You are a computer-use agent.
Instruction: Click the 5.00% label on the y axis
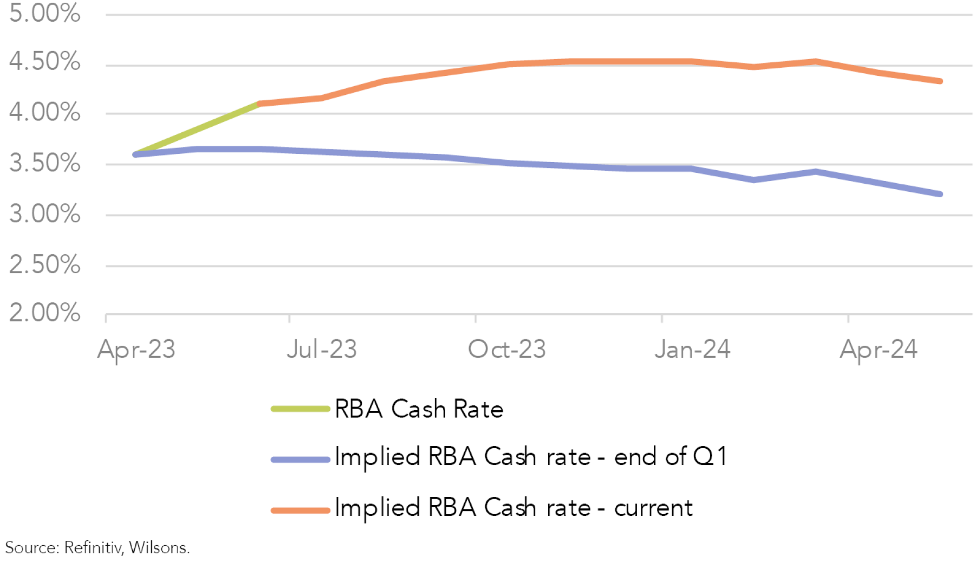click(44, 13)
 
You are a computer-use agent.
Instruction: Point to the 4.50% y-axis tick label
click(44, 62)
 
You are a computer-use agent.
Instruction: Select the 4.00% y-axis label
click(44, 113)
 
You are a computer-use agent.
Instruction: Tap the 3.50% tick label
click(44, 163)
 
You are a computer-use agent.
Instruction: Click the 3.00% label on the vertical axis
click(44, 214)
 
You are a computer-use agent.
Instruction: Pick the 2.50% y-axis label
click(44, 265)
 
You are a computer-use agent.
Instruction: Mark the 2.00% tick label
click(44, 313)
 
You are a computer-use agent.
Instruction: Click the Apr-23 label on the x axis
click(136, 350)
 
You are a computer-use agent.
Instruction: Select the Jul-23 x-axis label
click(322, 350)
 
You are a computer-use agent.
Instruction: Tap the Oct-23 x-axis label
click(507, 350)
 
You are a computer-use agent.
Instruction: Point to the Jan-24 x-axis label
click(692, 350)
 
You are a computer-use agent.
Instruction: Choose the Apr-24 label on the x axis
click(878, 350)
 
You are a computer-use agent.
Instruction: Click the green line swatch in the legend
click(301, 409)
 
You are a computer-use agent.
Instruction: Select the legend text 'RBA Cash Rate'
click(419, 409)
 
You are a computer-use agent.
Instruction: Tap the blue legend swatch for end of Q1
click(301, 460)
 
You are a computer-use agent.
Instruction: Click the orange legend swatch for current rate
click(301, 510)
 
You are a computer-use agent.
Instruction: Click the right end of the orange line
click(940, 81)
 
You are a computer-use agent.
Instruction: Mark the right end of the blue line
click(940, 194)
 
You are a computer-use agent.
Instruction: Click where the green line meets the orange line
click(260, 104)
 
